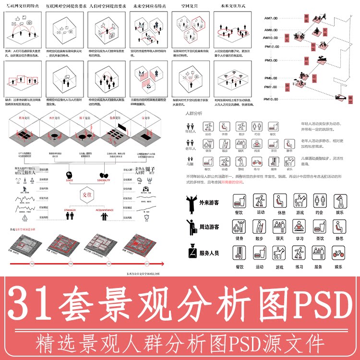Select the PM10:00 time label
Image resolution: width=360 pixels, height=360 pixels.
[271, 99]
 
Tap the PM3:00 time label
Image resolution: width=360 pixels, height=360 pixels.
[271, 60]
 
